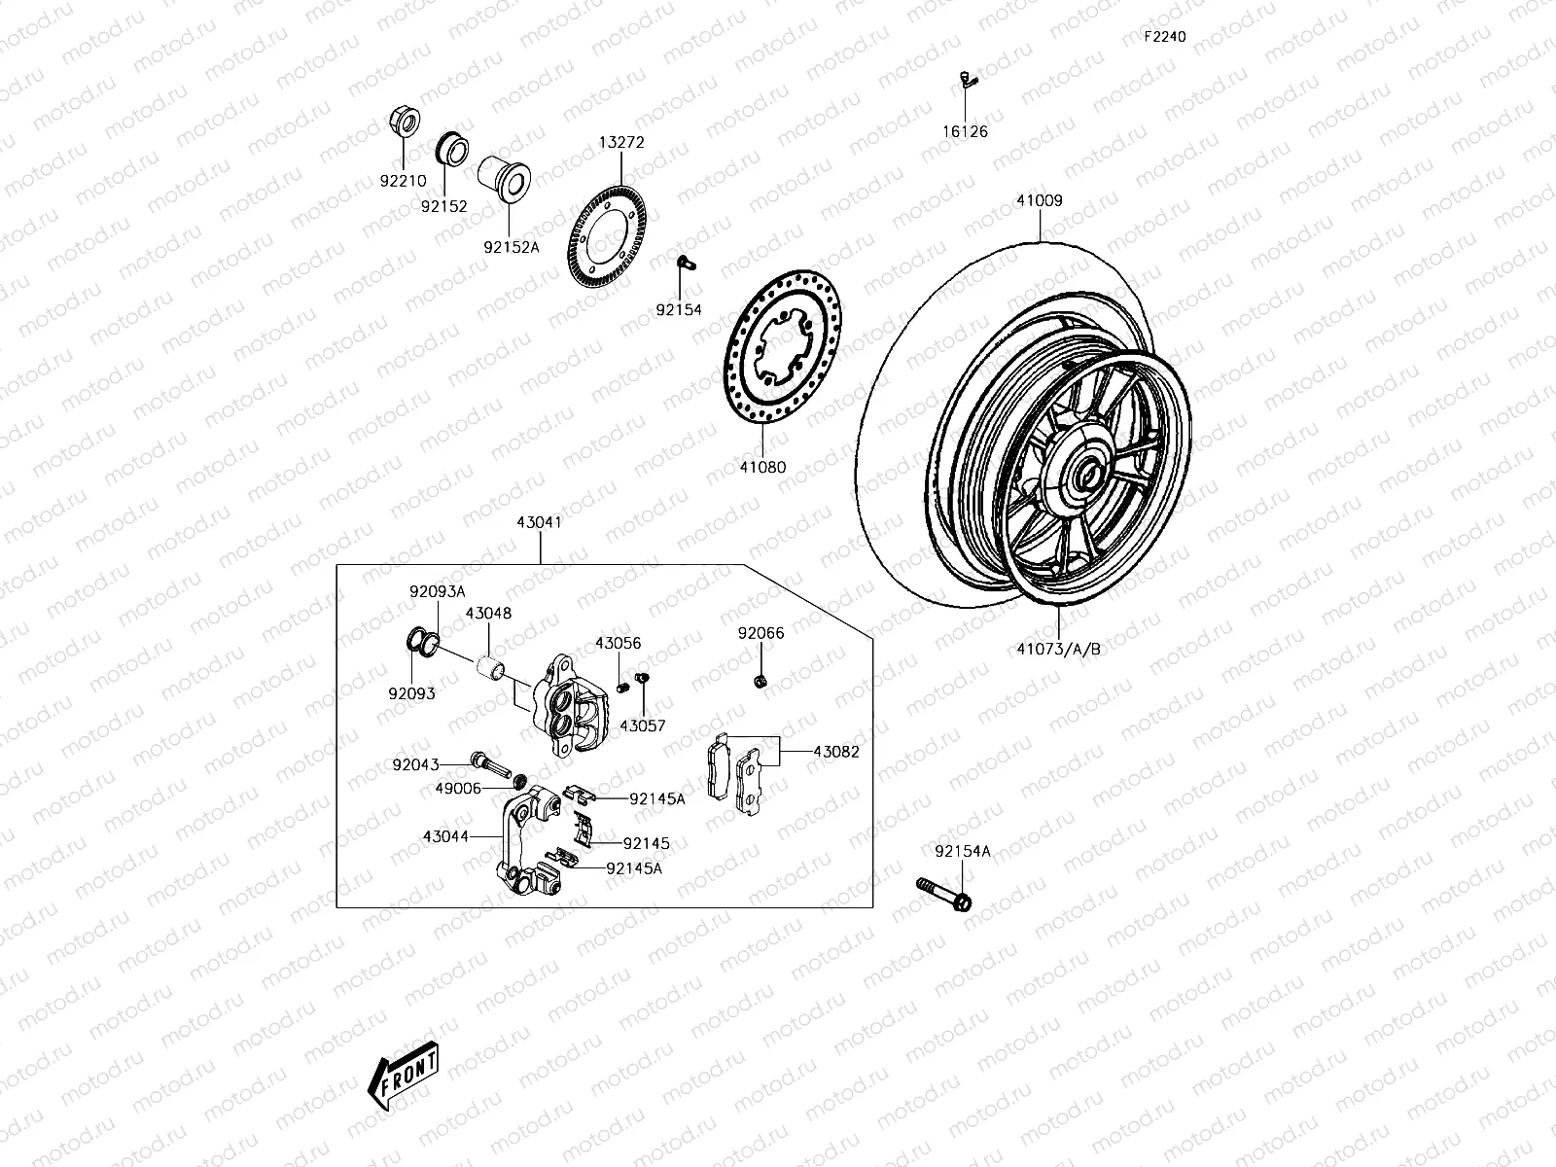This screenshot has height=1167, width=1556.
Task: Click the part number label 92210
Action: point(402,181)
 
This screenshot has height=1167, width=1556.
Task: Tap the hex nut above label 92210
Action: point(404,123)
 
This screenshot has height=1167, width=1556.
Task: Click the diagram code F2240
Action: point(1164,37)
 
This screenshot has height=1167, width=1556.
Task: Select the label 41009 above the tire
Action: point(1040,201)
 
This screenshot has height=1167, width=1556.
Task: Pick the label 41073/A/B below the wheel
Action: point(1058,649)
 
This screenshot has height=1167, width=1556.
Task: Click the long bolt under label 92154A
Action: point(941,894)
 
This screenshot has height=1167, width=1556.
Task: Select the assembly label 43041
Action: point(539,522)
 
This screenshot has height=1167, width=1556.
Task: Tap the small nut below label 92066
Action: point(760,680)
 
